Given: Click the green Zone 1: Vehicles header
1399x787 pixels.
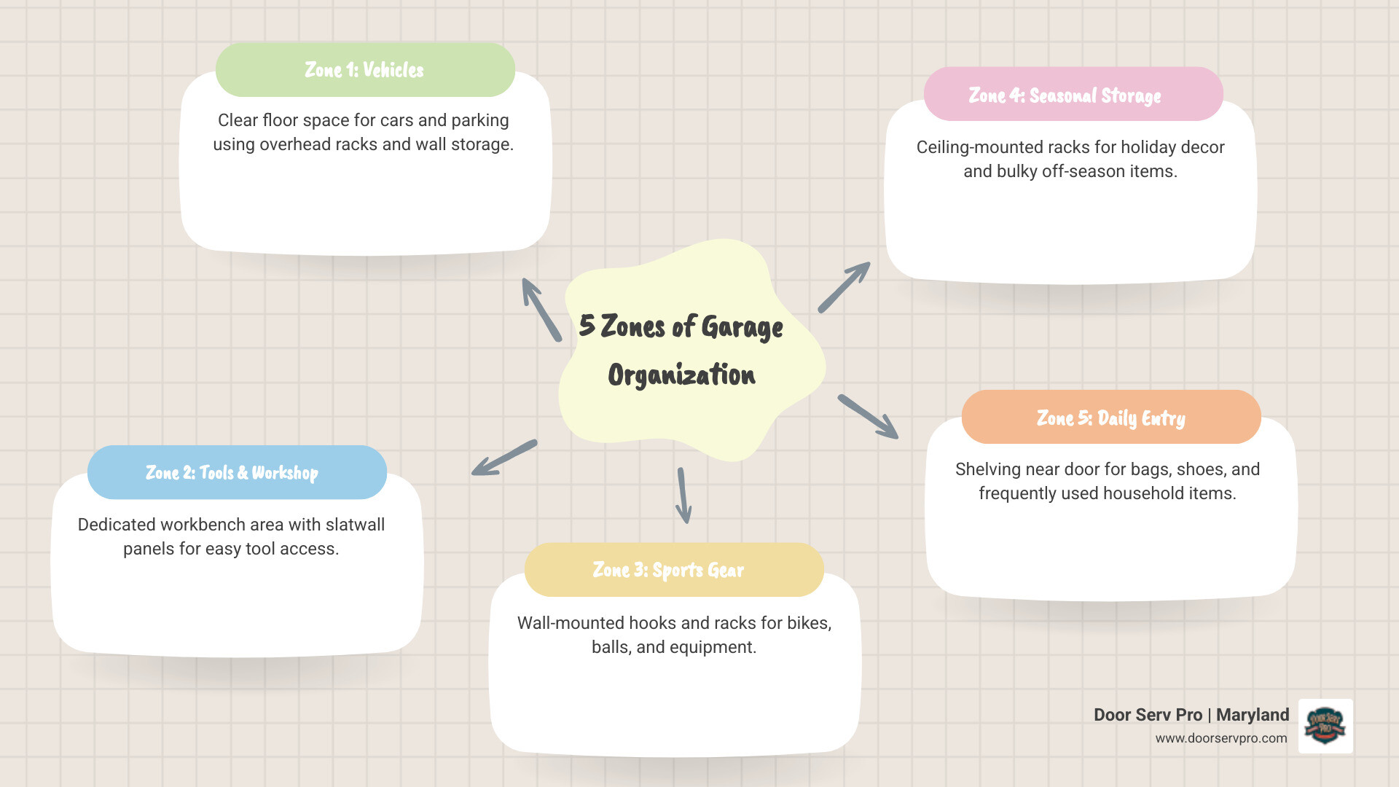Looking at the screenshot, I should [x=364, y=70].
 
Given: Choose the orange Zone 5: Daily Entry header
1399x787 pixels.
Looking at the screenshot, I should [x=1110, y=418].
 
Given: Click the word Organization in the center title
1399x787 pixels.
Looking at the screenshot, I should [x=681, y=375].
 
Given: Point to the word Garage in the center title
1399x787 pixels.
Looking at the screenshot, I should [x=742, y=327].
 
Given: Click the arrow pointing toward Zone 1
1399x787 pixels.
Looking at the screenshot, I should [x=541, y=309].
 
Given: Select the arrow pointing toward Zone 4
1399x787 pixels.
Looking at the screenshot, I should [x=844, y=287].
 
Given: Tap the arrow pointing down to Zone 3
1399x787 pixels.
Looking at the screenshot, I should [x=683, y=496].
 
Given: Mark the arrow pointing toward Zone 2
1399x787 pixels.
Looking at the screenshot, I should [x=503, y=458].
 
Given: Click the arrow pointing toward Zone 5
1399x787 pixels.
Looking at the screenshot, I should [x=868, y=417].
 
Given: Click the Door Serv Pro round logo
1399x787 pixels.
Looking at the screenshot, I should [x=1325, y=726].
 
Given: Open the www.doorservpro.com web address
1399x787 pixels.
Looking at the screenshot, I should [x=1220, y=738].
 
